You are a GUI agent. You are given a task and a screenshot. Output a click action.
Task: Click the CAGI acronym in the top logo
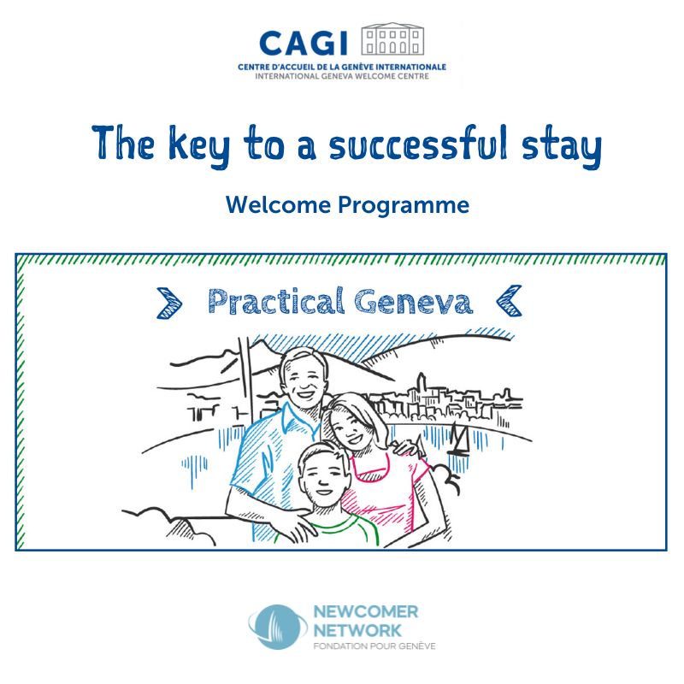coord(304,44)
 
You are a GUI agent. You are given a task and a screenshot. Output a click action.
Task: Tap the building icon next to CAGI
coord(392,38)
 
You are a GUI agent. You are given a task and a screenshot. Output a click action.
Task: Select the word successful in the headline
coord(418,142)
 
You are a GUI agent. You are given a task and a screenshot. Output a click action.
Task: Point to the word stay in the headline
coord(562,145)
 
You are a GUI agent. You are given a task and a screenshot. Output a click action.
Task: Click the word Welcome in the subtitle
coord(279,204)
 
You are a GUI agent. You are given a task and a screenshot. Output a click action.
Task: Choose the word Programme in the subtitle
coord(404,205)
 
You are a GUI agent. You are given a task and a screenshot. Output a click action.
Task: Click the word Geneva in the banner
coord(413,302)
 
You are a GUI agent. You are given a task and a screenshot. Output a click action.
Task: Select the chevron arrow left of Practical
coord(169,303)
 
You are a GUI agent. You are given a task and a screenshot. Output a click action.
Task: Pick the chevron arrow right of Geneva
coord(509,300)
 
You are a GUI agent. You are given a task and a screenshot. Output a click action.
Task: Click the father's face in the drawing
coord(304,380)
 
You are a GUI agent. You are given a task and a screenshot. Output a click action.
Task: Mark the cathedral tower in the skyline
coord(422,386)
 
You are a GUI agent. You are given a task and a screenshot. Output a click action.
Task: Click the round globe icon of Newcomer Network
coord(276,627)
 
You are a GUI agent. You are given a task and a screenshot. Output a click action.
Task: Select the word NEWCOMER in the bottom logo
coord(366,611)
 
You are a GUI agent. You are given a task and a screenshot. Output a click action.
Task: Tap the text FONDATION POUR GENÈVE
coord(374,646)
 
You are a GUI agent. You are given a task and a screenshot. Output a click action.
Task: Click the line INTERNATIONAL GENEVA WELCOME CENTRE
coord(342,76)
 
